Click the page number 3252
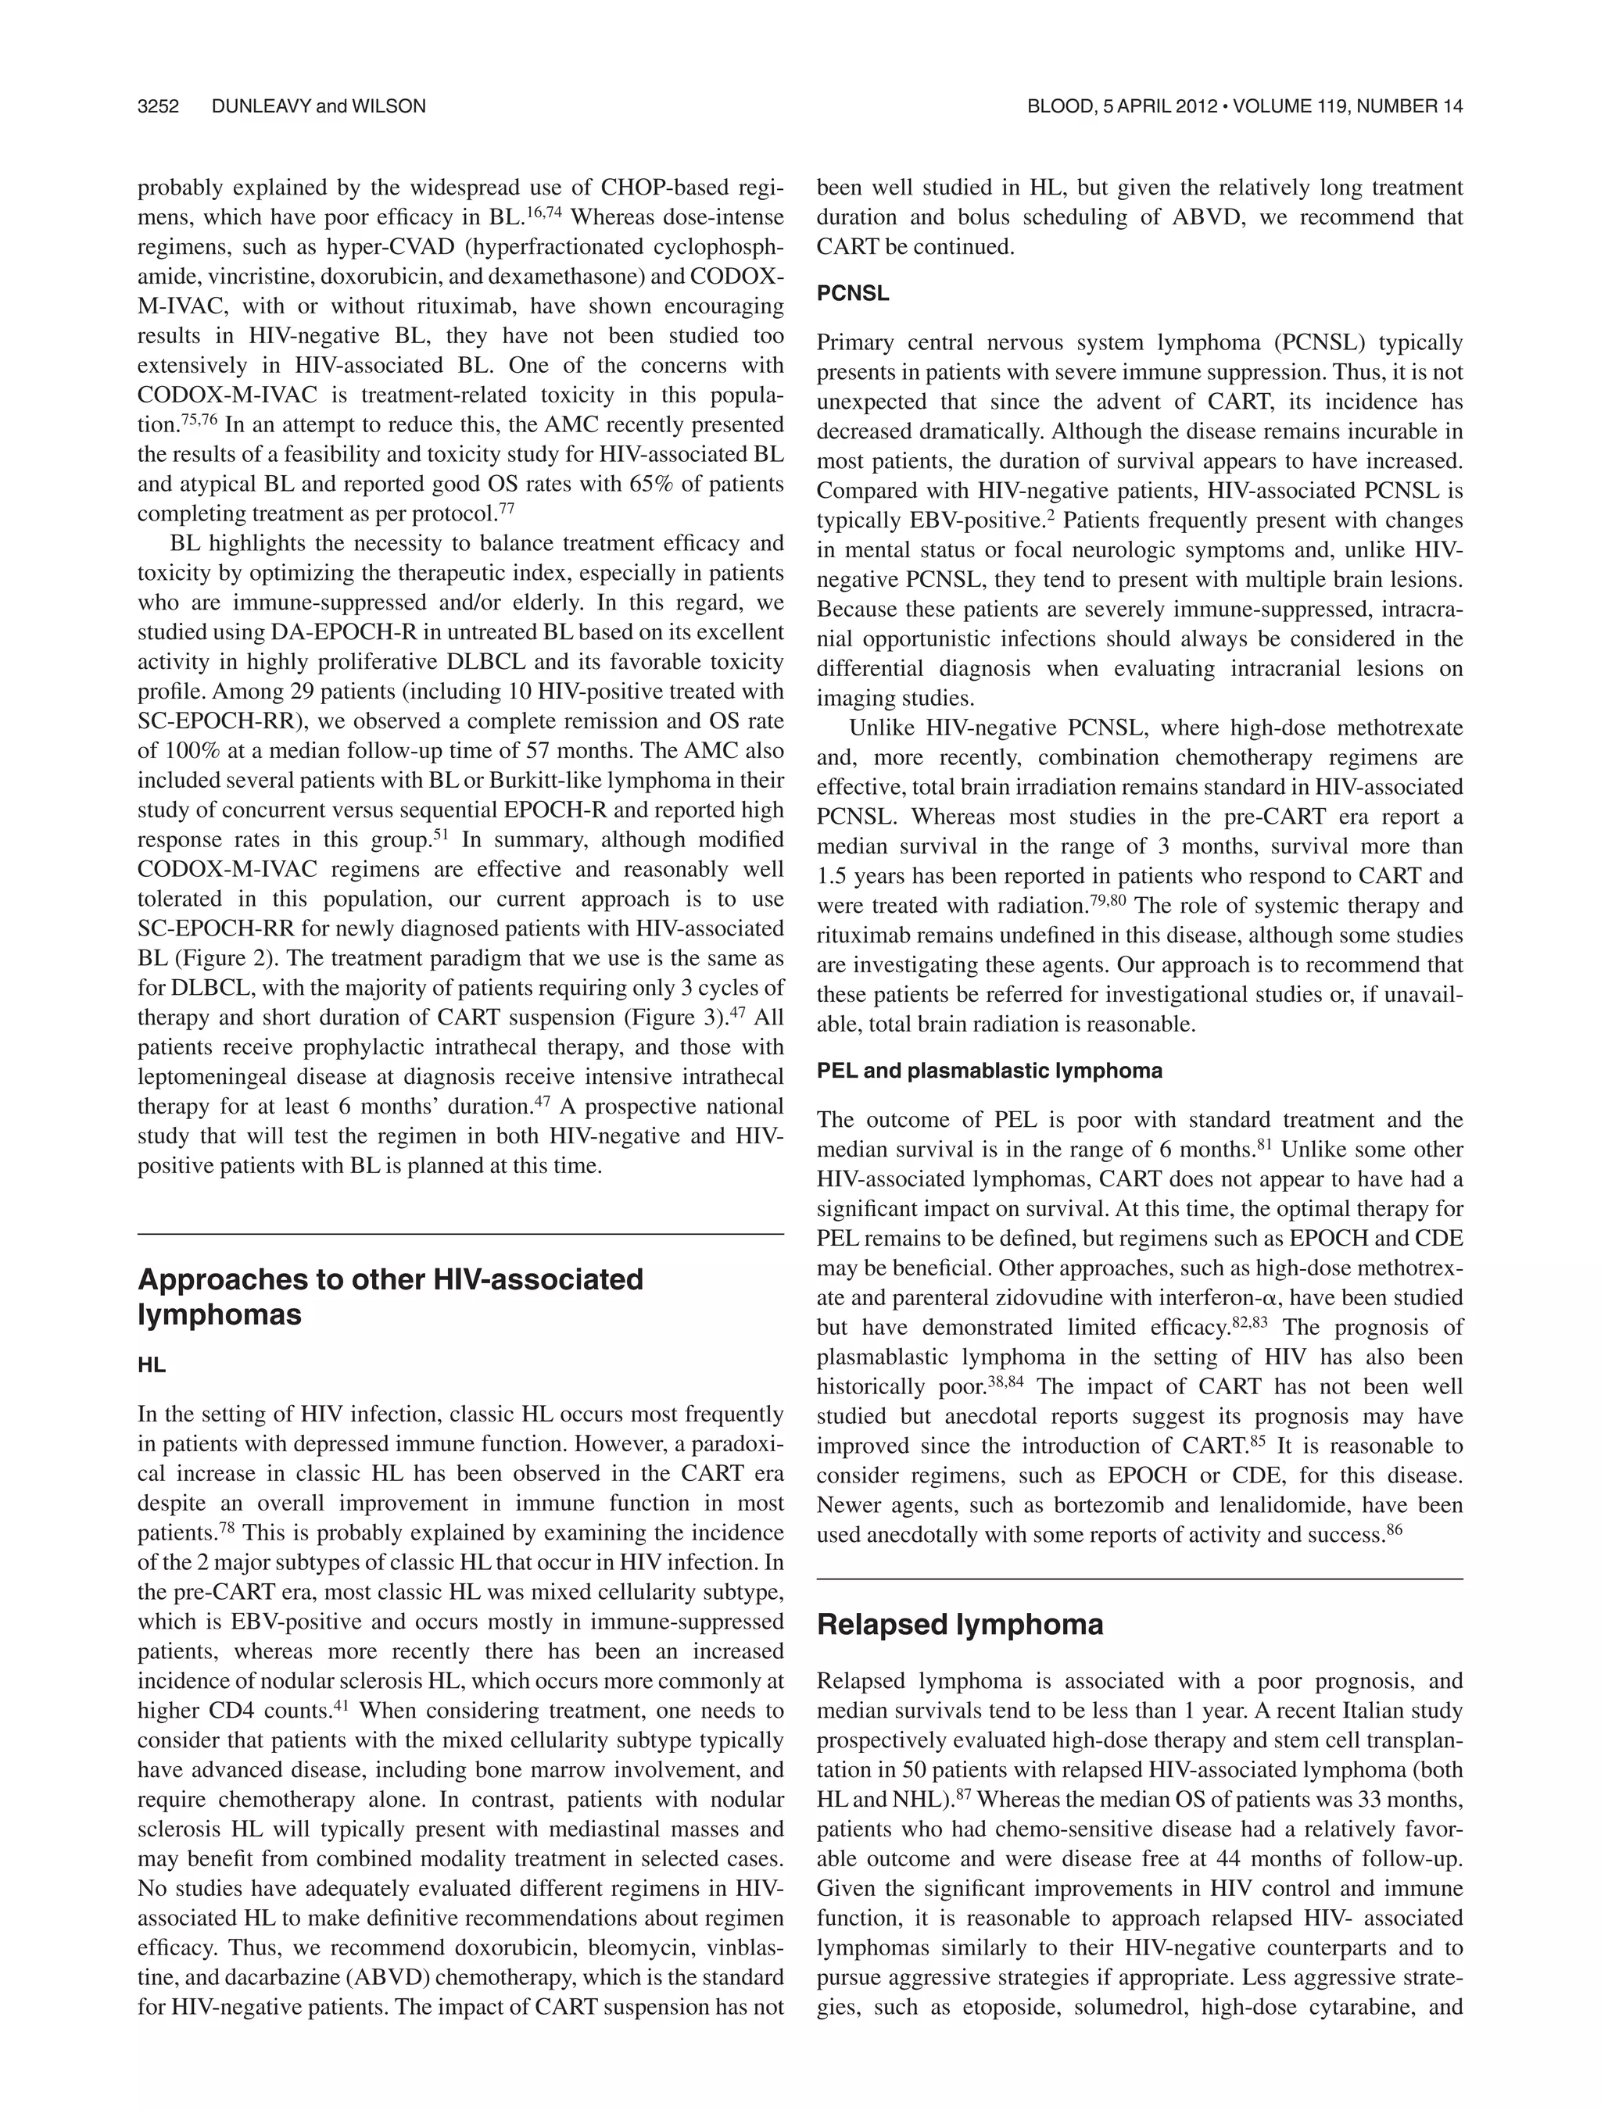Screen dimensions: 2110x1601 159,107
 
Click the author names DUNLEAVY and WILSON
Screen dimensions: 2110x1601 319,107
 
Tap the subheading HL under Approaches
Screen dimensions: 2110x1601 151,1365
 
